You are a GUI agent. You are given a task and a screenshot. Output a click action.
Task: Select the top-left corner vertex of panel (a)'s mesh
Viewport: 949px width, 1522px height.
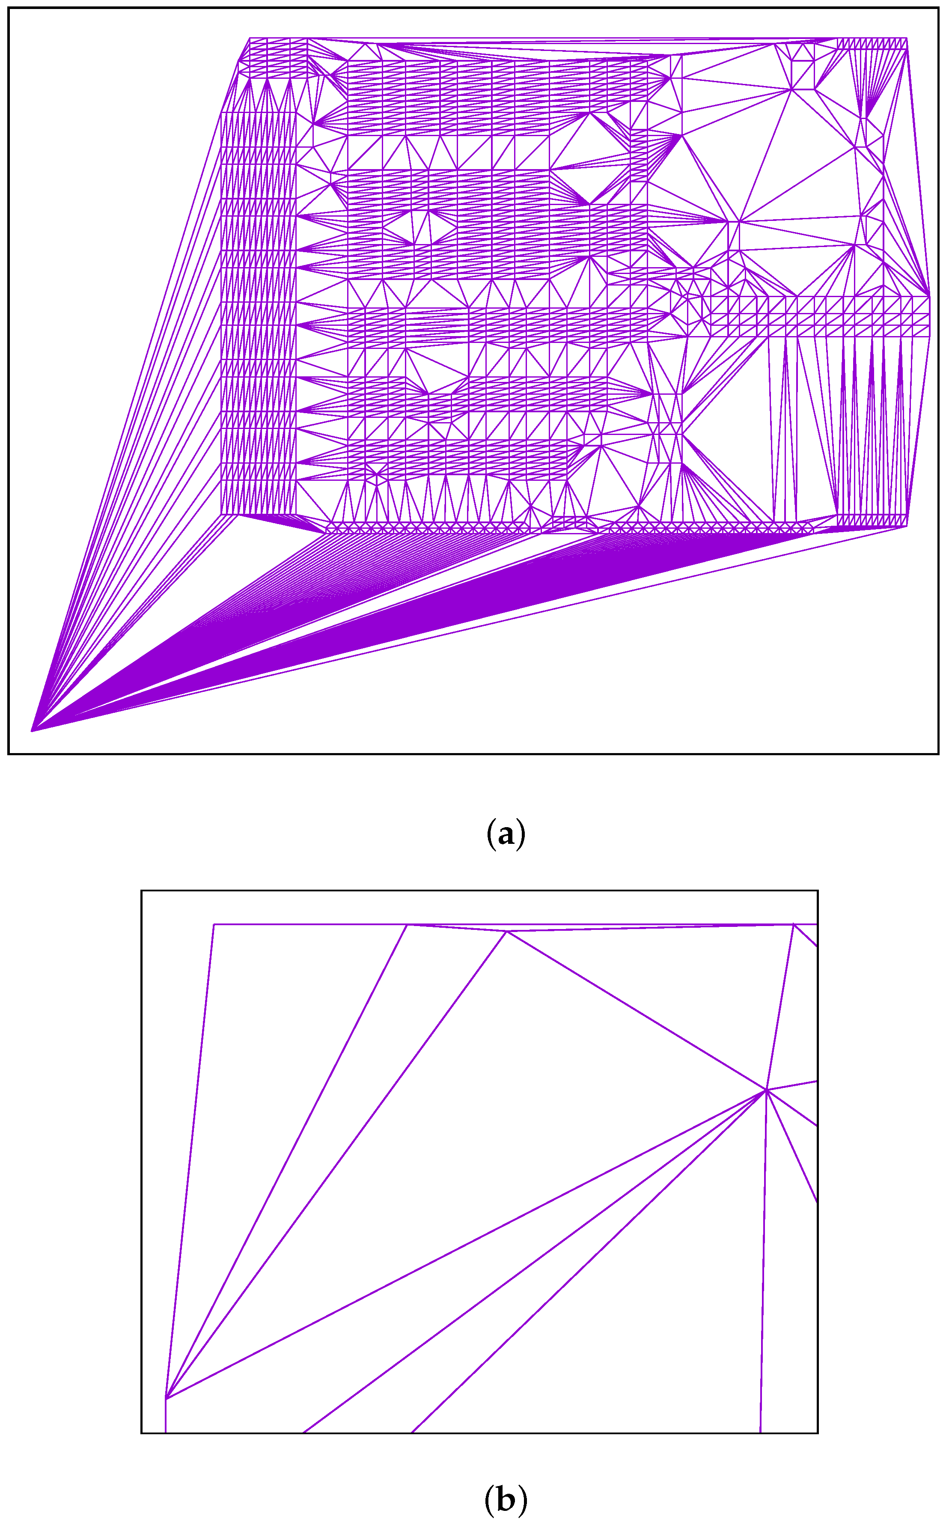[250, 38]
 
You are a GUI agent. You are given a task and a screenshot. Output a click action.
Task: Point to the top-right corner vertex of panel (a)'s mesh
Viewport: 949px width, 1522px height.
[907, 38]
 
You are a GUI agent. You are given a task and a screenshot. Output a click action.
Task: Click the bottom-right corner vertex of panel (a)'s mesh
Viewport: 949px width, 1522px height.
[907, 526]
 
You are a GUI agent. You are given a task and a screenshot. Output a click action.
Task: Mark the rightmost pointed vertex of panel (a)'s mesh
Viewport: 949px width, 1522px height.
[930, 295]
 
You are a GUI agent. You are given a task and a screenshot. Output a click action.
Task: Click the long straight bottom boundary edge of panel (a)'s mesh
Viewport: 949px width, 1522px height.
[502, 621]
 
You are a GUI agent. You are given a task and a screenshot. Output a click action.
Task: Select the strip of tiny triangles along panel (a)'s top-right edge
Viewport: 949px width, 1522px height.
[872, 43]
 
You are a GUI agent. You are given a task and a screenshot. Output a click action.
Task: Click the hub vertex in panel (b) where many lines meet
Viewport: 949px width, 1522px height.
[766, 1090]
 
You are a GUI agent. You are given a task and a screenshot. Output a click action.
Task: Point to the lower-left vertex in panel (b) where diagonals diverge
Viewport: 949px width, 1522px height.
[166, 1398]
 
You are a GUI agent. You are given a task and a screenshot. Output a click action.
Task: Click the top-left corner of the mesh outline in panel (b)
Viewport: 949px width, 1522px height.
[214, 924]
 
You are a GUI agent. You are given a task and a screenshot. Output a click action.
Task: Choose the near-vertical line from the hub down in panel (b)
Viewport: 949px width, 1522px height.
[763, 1255]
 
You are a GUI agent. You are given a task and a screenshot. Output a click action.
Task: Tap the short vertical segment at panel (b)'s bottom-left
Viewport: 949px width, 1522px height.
[166, 1415]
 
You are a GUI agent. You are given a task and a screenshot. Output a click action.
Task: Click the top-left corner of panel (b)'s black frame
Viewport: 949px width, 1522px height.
[142, 891]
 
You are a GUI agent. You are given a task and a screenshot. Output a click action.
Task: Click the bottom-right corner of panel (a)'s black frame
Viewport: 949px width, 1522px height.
[938, 753]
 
